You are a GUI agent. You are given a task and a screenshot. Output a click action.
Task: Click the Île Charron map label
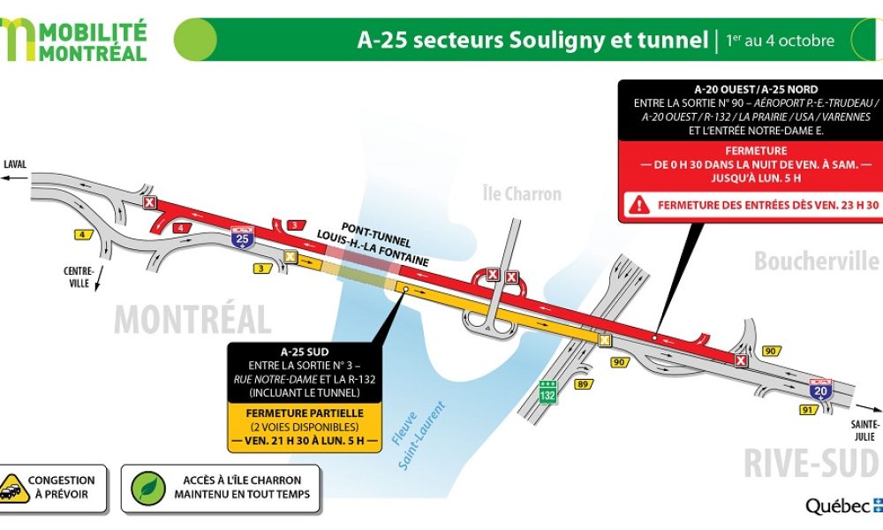(x=522, y=193)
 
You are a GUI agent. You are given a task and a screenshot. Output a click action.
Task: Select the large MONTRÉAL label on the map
(x=192, y=319)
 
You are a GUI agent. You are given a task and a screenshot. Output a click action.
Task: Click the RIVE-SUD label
(x=811, y=463)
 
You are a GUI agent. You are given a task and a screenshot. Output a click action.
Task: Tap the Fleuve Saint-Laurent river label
(x=416, y=435)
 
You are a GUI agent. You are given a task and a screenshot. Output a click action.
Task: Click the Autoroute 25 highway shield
(x=241, y=236)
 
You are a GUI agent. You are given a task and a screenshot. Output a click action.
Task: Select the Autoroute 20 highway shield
(x=819, y=388)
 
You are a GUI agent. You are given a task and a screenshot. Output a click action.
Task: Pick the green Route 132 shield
(x=547, y=395)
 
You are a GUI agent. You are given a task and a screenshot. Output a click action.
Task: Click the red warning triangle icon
(x=638, y=206)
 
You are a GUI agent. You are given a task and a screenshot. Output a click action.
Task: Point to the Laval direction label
(x=15, y=164)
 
